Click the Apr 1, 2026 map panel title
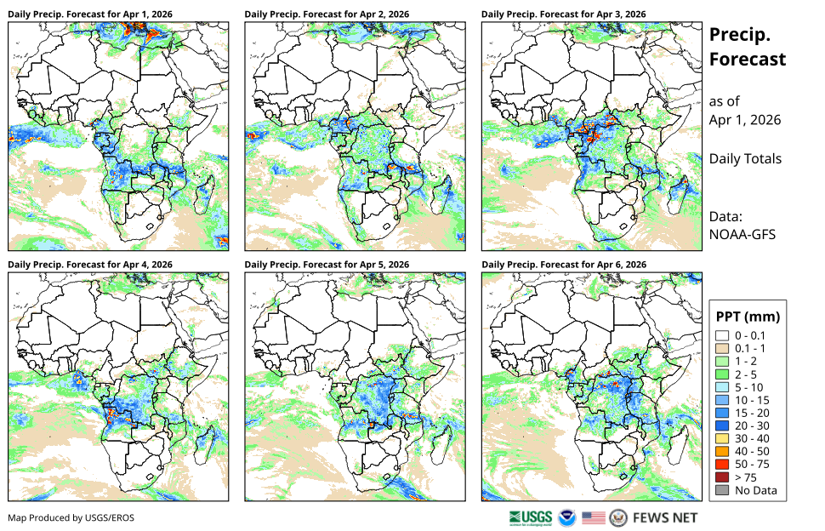pos(90,14)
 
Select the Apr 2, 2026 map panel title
pos(327,14)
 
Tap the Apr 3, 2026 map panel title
pos(564,14)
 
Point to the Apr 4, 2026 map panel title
pos(90,265)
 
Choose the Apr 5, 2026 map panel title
pos(327,265)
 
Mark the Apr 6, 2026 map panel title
pos(564,265)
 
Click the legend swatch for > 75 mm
pos(722,477)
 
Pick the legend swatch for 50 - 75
pos(722,464)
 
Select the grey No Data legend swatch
pos(722,490)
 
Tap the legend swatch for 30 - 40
pos(722,438)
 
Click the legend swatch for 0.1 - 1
pos(722,348)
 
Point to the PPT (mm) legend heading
pos(748,317)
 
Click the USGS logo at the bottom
pos(531,518)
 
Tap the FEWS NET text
pos(665,518)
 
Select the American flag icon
pos(594,518)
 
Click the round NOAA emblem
pos(567,518)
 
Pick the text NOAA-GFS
pos(742,235)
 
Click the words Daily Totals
pos(745,159)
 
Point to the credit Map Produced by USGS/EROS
pos(71,518)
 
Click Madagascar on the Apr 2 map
pos(442,195)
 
